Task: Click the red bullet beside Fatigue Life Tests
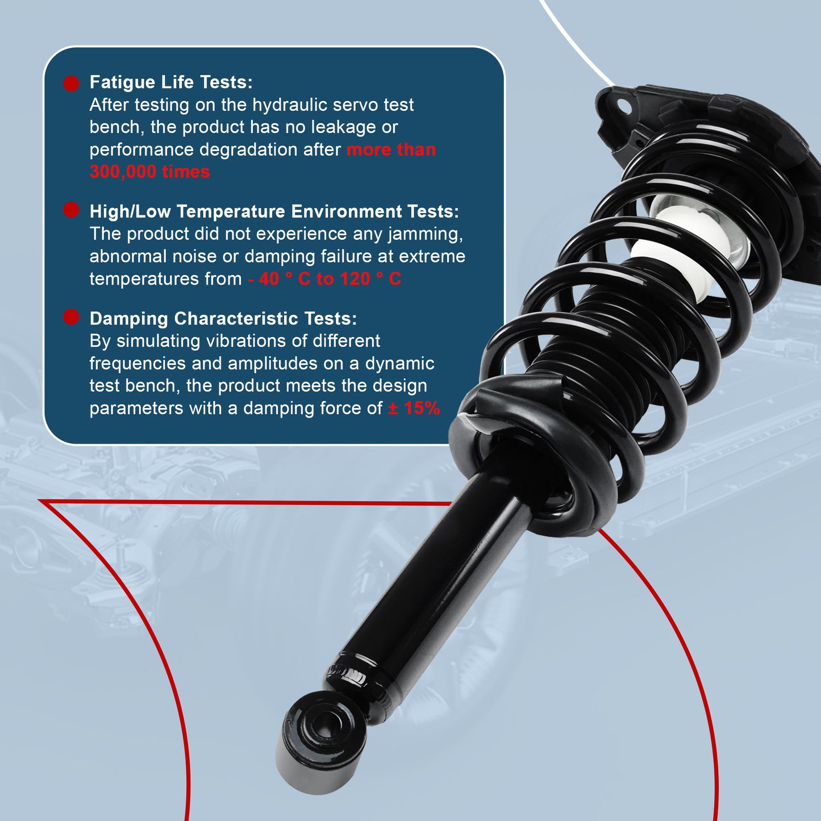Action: coord(71,84)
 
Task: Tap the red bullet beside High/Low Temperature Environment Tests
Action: coord(71,210)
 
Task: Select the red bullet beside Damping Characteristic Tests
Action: coord(71,316)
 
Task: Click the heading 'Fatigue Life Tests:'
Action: coord(171,82)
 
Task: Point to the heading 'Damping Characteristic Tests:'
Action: coord(223,319)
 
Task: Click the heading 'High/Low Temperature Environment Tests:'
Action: coord(274,211)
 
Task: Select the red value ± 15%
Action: coord(414,409)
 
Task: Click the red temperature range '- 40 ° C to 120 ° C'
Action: coord(324,279)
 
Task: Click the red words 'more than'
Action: coord(391,150)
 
